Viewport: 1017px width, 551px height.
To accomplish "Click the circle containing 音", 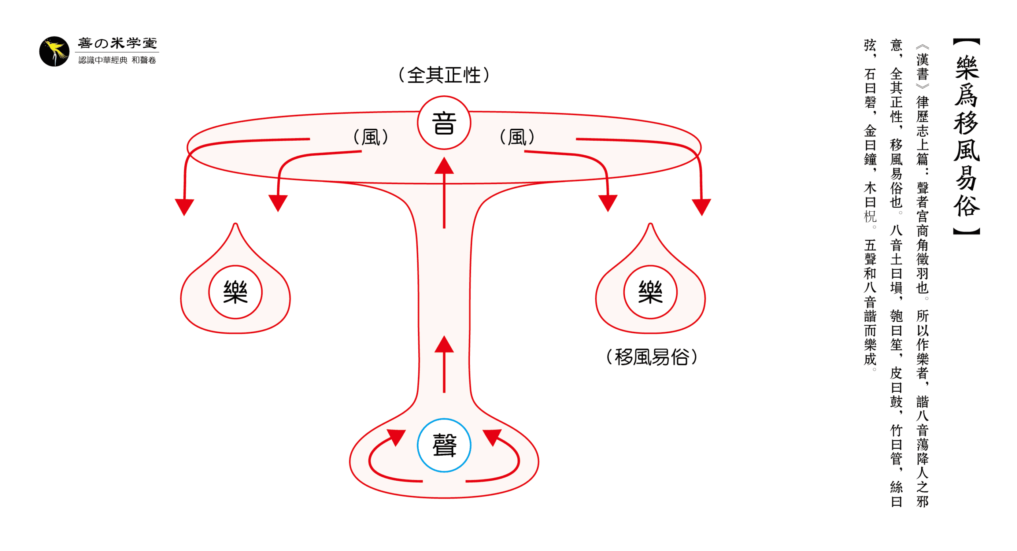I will point(443,122).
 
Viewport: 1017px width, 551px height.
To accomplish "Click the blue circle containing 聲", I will point(443,445).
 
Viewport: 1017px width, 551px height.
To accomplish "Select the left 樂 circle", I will point(235,292).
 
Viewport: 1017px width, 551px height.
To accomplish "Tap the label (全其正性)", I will point(443,75).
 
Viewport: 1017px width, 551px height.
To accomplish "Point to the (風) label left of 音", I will point(370,137).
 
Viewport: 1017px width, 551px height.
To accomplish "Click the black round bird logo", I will point(54,51).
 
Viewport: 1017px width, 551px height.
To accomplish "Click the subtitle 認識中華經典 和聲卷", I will point(117,60).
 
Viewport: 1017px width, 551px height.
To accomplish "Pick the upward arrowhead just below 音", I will point(443,166).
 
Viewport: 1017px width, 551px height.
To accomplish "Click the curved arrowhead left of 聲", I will point(396,437).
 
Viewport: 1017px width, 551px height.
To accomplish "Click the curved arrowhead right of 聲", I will point(492,437).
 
